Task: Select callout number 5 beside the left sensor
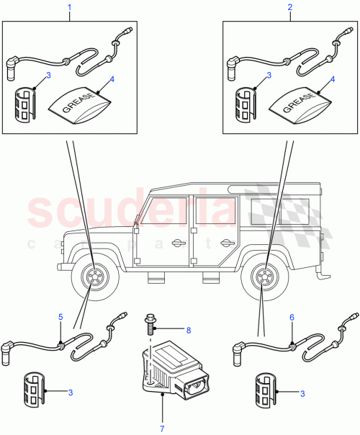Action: (x=60, y=316)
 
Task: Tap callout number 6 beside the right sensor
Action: (x=292, y=316)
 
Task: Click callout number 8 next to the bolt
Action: (x=188, y=331)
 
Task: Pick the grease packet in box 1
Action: (x=77, y=103)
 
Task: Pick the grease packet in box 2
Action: (x=298, y=103)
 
